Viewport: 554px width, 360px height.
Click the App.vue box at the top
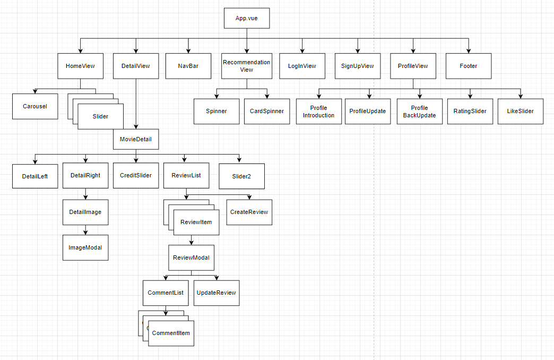point(246,19)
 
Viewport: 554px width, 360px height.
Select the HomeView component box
point(80,66)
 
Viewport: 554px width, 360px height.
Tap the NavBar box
point(188,66)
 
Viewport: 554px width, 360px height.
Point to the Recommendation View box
point(246,66)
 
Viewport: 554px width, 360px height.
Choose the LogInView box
point(302,66)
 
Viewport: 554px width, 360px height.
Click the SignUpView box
point(358,66)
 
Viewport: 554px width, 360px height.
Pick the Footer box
point(469,66)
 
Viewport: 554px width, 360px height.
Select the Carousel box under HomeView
point(35,106)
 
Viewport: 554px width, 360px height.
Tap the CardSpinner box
point(267,112)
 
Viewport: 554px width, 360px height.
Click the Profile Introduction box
point(319,112)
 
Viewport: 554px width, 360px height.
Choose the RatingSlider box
point(470,112)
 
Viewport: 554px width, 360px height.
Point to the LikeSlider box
point(520,112)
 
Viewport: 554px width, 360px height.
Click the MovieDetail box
point(136,140)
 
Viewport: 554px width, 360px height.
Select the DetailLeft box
point(35,176)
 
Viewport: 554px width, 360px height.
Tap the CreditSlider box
point(136,175)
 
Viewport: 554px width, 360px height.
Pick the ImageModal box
point(85,247)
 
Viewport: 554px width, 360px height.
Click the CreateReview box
point(249,212)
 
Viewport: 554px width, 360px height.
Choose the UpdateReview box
point(216,293)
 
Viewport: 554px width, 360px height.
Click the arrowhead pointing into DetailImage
point(85,197)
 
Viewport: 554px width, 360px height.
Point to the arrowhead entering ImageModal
point(85,232)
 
